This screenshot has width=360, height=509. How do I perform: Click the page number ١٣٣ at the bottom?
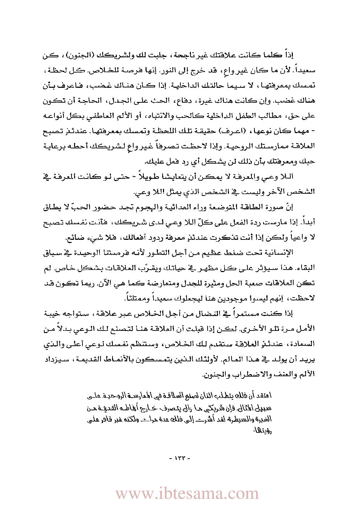tap(180, 458)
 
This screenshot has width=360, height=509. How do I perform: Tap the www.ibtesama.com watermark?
tap(187, 493)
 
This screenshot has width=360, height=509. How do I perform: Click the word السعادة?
tap(303, 344)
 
